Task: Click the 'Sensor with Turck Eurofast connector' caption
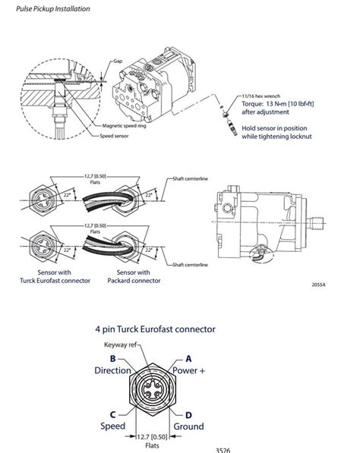[x=54, y=276]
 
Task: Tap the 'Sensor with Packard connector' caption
[x=133, y=276]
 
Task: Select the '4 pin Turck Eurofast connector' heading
[x=155, y=330]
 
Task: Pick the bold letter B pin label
[x=112, y=358]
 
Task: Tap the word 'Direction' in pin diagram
[x=113, y=371]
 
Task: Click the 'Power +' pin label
[x=190, y=371]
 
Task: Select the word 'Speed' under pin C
[x=112, y=426]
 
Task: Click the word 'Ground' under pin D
[x=188, y=426]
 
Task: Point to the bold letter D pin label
[x=189, y=414]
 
